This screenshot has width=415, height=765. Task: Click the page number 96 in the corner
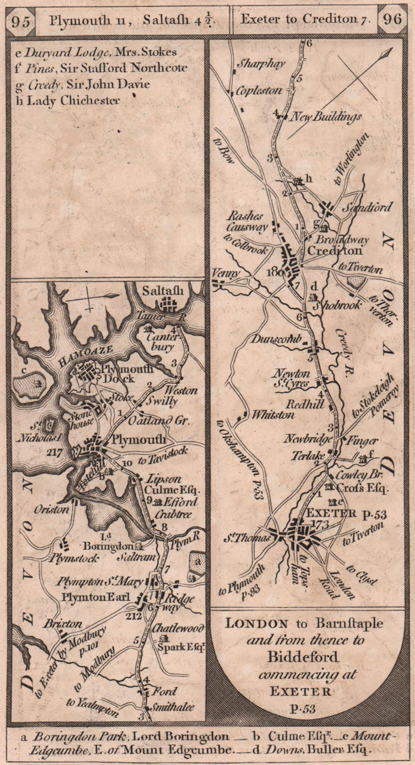[392, 19]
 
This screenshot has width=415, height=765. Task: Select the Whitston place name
[273, 415]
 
